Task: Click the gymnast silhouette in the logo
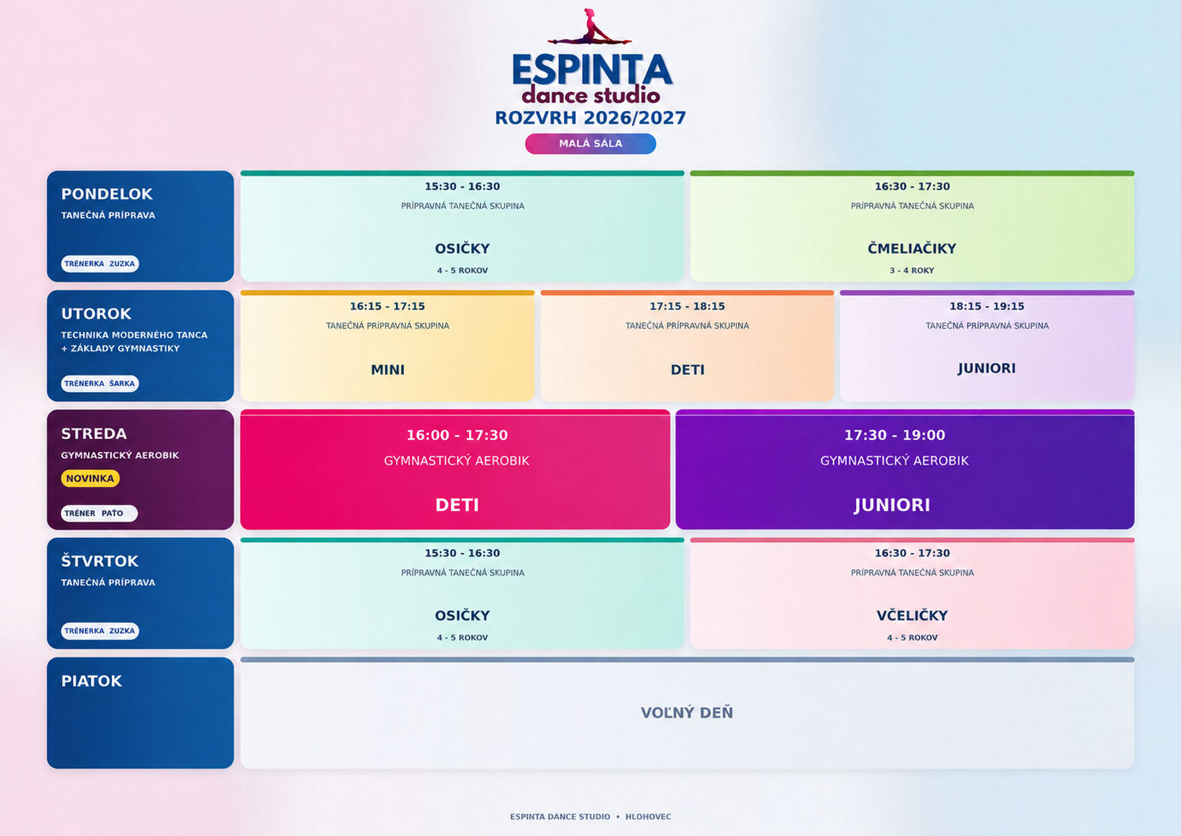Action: click(x=589, y=29)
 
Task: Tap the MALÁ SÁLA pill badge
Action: click(x=591, y=143)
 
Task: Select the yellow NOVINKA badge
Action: click(x=90, y=479)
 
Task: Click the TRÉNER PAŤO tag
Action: click(x=99, y=513)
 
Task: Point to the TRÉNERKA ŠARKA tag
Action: click(x=100, y=384)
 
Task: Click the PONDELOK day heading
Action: click(x=107, y=194)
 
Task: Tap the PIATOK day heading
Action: click(x=92, y=681)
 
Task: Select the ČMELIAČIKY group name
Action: click(x=912, y=249)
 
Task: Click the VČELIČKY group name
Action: click(x=912, y=616)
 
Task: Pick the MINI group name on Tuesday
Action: click(x=387, y=370)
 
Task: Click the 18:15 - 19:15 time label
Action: click(x=987, y=307)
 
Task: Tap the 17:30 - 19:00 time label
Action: click(x=895, y=435)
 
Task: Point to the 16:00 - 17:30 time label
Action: click(x=457, y=435)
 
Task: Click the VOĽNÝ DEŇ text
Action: click(x=687, y=712)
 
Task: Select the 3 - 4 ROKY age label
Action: click(x=912, y=270)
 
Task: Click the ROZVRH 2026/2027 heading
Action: click(x=591, y=117)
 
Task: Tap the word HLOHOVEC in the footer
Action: click(x=649, y=816)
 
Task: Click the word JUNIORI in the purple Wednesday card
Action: click(x=892, y=505)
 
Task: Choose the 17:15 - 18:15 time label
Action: click(x=687, y=307)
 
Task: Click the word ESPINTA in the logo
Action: click(x=592, y=70)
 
